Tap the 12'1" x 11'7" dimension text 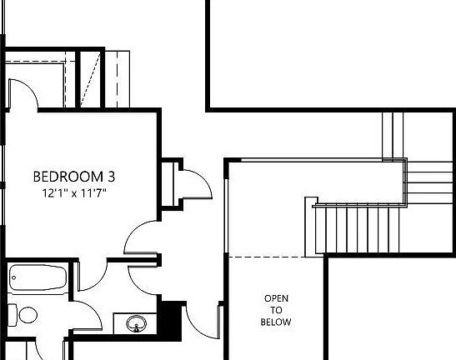pos(75,192)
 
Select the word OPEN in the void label pos(276,298)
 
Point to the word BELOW pos(276,322)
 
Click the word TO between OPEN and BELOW pos(276,310)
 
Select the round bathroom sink pos(136,322)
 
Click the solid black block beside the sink pos(172,319)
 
